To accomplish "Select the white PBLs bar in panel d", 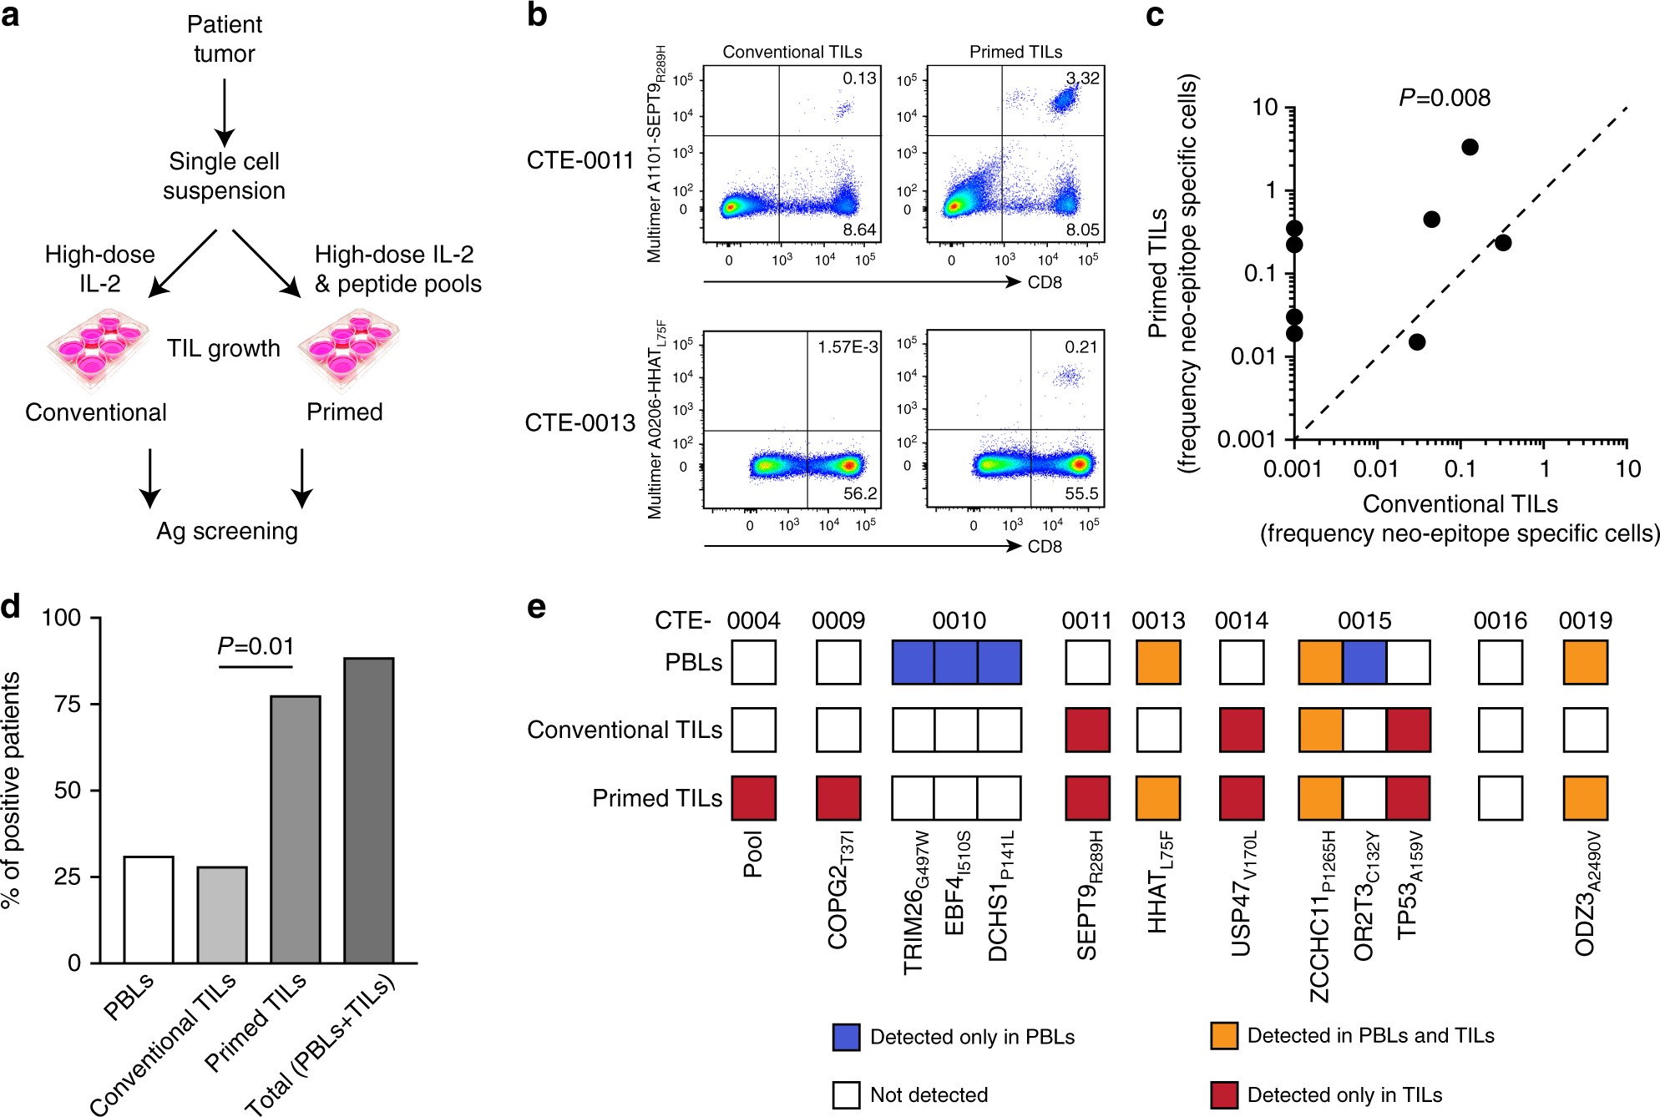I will pos(149,909).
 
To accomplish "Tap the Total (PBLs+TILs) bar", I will pos(369,810).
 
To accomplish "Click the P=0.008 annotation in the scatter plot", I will pos(1445,99).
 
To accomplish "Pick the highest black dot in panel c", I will pos(1470,147).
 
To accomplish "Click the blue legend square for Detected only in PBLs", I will pos(846,1036).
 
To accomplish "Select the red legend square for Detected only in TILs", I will pos(1223,1094).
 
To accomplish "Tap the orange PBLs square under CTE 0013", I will pos(1158,662).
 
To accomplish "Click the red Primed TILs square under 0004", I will pos(753,798).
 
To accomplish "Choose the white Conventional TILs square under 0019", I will pos(1585,730).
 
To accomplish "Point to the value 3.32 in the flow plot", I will pos(1083,78).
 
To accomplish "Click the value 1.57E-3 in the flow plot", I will pos(848,346).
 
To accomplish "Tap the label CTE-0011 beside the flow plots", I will pos(580,160).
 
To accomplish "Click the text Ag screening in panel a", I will pos(227,532).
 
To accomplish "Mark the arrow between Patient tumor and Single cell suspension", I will pos(224,113).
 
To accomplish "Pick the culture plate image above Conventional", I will pos(97,349).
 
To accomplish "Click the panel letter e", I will pos(537,607).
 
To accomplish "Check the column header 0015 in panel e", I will pos(1364,621).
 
